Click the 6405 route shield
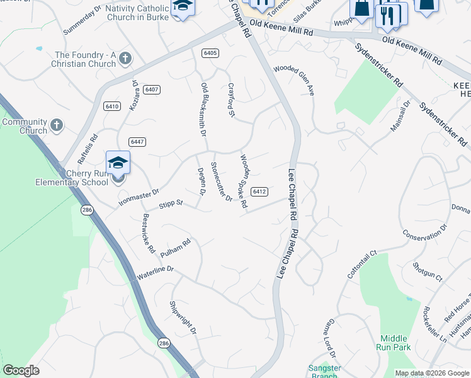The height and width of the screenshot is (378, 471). click(210, 53)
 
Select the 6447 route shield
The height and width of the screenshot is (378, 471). click(137, 142)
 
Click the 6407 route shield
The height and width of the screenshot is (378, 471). click(151, 89)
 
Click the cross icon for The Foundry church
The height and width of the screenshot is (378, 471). click(125, 59)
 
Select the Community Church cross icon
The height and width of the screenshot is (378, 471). click(56, 125)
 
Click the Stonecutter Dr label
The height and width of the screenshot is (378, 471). click(221, 182)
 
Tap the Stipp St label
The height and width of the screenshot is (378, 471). click(170, 203)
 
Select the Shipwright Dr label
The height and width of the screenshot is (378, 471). click(183, 318)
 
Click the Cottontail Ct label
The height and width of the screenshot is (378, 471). click(361, 265)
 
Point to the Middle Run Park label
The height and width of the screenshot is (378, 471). click(395, 343)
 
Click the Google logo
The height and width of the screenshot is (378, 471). click(21, 370)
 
